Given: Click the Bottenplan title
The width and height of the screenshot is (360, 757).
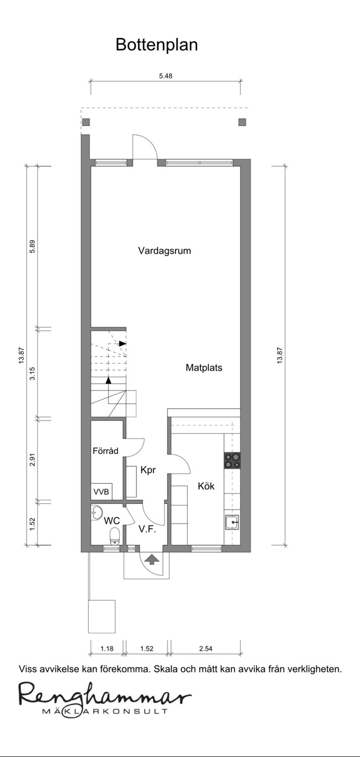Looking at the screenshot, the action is pos(157,44).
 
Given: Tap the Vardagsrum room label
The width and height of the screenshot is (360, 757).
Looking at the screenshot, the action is pos(164,251).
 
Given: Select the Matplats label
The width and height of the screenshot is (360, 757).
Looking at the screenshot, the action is pos(204,368).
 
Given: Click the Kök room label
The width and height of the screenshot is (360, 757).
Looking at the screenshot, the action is pos(206,486).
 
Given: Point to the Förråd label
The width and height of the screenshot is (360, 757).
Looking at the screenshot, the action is pos(106,451).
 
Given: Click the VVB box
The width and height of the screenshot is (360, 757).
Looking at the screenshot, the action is pos(101,492).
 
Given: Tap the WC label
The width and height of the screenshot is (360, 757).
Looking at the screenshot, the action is pos(112,520).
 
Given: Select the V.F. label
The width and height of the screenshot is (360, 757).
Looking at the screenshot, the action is pos(147,529).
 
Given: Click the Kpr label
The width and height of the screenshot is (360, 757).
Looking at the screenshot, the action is pos(148,470).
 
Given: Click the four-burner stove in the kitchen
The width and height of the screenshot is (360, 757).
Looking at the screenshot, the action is pos(232,460).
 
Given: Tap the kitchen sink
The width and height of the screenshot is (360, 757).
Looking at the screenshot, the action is pos(232,522).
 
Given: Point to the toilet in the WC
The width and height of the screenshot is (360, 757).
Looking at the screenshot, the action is pos(115,536).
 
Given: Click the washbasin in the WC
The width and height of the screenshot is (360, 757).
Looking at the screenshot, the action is pos(96,513).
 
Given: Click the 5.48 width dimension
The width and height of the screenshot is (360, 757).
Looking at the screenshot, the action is pos(166,76).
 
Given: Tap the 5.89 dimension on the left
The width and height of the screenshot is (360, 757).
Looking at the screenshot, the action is pos(32,246).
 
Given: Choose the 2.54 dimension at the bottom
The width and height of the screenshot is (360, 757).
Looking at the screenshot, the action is pos(205,648).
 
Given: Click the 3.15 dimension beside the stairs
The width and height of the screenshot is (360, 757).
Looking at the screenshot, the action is pos(32,373).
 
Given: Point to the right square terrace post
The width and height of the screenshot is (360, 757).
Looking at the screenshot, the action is pos(242,122).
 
